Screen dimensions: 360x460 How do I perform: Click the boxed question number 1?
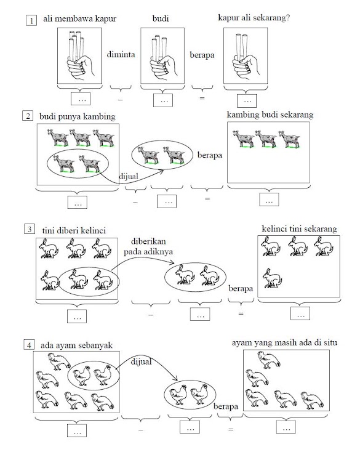tap(31, 20)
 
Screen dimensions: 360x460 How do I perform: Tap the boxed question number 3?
tap(30, 229)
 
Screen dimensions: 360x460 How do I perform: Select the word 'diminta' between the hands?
tap(121, 55)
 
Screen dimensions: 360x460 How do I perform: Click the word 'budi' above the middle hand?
tap(161, 18)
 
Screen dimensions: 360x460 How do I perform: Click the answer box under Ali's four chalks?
tap(81, 99)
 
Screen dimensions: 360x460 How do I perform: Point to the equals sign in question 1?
tap(202, 98)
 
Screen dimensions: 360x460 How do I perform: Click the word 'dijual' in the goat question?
tap(129, 176)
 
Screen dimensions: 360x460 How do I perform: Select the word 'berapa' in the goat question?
tap(210, 155)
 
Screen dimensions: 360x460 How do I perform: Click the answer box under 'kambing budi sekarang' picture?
tap(269, 200)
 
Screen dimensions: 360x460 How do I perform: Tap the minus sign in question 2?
tap(135, 202)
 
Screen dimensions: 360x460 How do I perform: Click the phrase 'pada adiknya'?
tap(148, 252)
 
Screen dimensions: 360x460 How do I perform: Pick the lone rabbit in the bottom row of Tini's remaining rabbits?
tap(272, 278)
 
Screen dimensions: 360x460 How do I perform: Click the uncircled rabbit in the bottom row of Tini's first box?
tap(50, 280)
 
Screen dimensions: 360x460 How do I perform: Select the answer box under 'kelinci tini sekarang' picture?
tap(300, 313)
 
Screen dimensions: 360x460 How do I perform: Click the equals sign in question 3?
tap(241, 313)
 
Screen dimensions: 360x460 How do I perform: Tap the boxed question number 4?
tap(29, 345)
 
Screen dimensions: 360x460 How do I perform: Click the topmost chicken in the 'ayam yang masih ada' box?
tap(268, 360)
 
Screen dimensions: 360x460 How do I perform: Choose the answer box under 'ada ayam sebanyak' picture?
tap(77, 430)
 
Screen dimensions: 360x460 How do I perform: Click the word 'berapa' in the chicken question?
tap(226, 406)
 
